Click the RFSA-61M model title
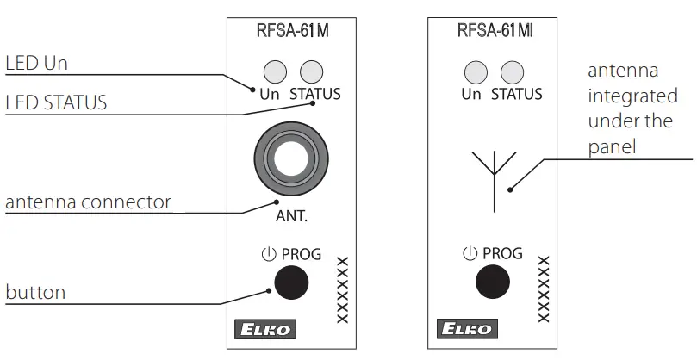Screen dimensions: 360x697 tap(293, 34)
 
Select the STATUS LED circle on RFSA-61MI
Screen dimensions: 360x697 tap(512, 71)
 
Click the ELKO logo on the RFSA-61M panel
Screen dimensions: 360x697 tap(270, 329)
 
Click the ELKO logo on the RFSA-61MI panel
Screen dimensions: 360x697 tap(466, 329)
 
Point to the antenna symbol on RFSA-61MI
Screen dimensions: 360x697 tap(494, 177)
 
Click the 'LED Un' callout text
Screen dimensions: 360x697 tap(36, 64)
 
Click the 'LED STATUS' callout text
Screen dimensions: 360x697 tap(56, 103)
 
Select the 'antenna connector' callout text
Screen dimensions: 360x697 tap(88, 203)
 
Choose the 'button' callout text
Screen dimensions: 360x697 tap(35, 292)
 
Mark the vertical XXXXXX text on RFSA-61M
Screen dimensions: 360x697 tap(342, 289)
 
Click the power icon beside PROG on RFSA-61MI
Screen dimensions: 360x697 tap(470, 253)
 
